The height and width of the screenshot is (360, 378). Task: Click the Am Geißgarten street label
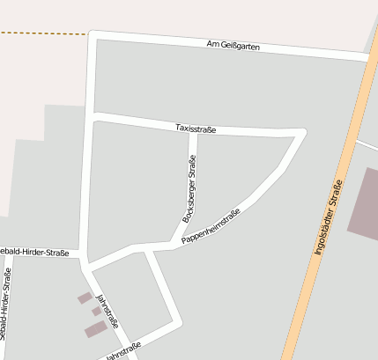pos(233,45)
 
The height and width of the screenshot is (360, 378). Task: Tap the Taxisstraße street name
pos(196,129)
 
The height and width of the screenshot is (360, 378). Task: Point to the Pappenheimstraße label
pos(211,226)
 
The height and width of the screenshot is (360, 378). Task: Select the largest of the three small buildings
pos(96,329)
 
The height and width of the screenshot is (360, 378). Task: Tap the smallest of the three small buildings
pos(96,311)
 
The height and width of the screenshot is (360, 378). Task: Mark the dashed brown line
pos(44,33)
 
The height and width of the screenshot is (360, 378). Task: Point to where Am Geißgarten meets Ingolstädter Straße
pos(368,58)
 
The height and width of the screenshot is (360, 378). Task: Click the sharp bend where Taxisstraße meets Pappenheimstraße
pos(303,133)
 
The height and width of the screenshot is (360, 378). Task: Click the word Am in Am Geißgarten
pos(211,43)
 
